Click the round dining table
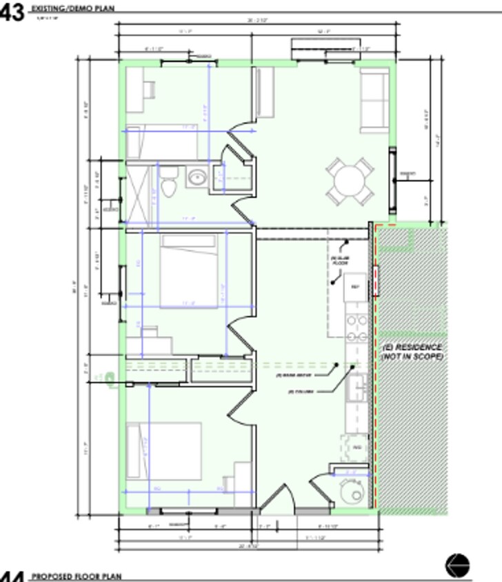(350, 181)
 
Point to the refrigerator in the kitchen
(356, 287)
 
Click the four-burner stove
(357, 328)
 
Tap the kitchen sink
(358, 388)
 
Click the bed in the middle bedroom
(188, 270)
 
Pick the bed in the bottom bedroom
(164, 451)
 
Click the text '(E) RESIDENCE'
(412, 347)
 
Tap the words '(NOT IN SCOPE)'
(412, 357)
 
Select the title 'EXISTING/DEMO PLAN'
(73, 9)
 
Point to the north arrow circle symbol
(457, 565)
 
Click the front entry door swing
(277, 500)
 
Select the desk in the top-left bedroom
(136, 89)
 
